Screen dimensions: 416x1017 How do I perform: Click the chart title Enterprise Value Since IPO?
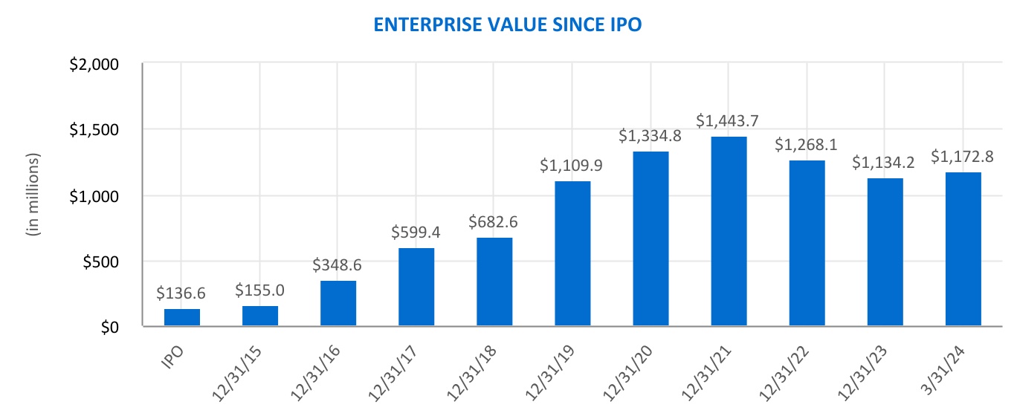coord(507,25)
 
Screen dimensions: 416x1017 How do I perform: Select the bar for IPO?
coord(182,317)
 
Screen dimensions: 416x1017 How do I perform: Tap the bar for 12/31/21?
coord(729,231)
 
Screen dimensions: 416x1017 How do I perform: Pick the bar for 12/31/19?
coord(572,253)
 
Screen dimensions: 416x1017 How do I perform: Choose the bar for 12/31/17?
coord(416,287)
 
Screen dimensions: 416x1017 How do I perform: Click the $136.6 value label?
coord(182,293)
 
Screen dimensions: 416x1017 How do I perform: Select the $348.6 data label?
coord(338,264)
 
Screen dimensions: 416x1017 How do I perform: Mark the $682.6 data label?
coord(494,221)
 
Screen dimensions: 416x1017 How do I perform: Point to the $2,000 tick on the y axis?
coord(94,64)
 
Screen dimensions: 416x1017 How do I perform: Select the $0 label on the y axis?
coord(109,328)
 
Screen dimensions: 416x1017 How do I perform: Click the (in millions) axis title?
coord(33,195)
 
